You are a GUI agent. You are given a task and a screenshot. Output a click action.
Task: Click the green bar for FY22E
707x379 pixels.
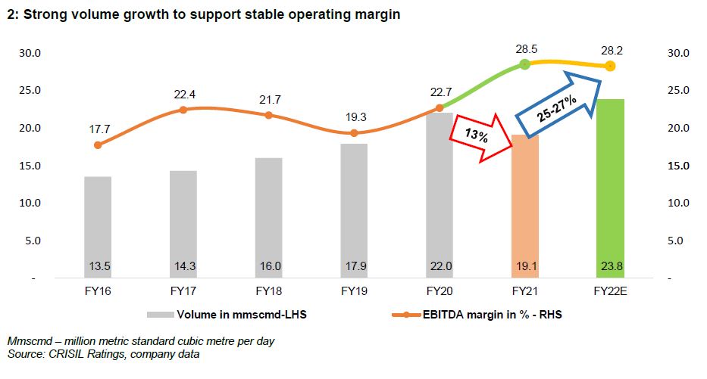point(610,189)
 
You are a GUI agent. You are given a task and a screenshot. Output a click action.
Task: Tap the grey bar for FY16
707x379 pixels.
point(98,227)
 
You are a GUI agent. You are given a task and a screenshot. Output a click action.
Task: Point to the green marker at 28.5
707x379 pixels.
point(524,65)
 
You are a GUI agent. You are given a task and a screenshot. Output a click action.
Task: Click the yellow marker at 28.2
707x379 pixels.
point(610,67)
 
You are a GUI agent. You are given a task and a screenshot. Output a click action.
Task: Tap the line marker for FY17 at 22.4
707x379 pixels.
point(183,110)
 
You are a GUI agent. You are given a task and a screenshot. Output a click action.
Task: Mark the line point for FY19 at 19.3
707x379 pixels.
point(354,133)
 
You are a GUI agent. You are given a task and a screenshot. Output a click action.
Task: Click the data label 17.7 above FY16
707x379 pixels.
point(98,128)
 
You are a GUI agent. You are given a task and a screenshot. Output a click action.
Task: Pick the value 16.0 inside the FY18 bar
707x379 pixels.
point(268,266)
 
